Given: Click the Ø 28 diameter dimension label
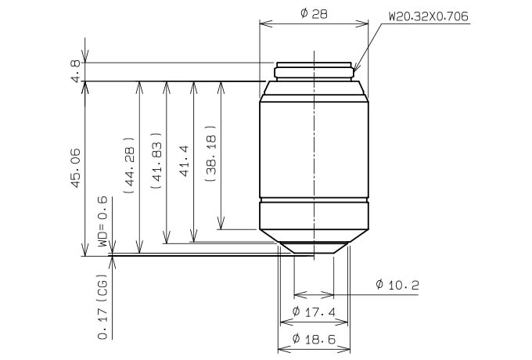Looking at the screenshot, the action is (x=314, y=13).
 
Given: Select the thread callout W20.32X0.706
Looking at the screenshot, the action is (x=428, y=16).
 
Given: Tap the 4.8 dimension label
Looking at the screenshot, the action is (x=76, y=71).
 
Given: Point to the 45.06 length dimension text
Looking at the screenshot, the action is (x=76, y=167).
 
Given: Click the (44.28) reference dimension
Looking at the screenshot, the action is (x=130, y=165).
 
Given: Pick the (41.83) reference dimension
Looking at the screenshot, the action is (x=156, y=160).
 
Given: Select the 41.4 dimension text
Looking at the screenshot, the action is (x=184, y=161).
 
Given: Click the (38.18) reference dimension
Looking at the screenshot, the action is (x=210, y=153).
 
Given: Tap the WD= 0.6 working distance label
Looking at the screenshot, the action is (x=102, y=221).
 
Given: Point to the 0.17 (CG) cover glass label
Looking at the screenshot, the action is (x=102, y=306).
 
